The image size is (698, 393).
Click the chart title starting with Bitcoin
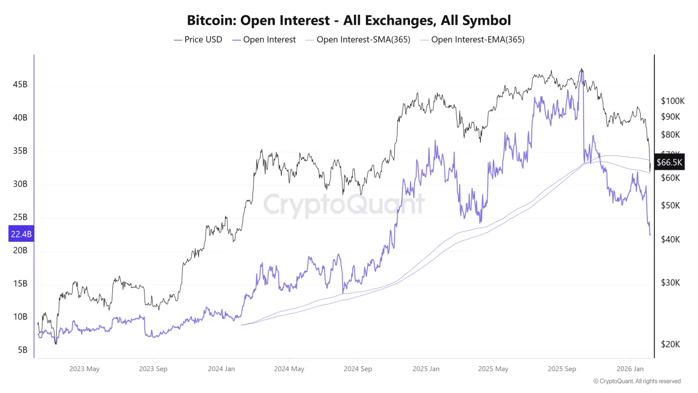point(349,21)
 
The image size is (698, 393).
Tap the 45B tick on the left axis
point(20,85)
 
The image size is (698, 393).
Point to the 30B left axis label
point(20,184)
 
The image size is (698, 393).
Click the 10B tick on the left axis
point(20,317)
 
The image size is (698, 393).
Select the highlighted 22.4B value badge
point(21,234)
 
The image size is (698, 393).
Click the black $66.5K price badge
point(670,162)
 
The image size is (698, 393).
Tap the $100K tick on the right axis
point(672,101)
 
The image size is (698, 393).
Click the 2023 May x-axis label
point(85,369)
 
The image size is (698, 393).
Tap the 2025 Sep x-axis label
point(562,369)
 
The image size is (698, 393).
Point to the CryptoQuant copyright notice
point(636,381)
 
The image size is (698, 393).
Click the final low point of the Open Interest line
point(650,235)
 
